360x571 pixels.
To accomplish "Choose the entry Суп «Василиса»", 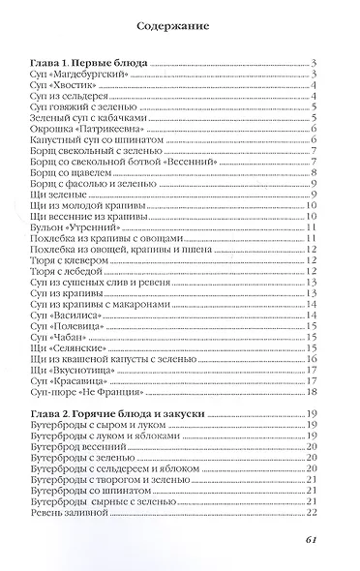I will tap(79, 316).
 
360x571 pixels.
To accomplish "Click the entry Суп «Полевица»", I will tap(80, 328).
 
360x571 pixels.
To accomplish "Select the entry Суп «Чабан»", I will tap(72, 341).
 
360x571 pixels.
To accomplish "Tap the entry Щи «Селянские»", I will tap(80, 353).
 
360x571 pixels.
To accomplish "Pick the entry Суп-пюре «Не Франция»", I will tap(104, 391).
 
